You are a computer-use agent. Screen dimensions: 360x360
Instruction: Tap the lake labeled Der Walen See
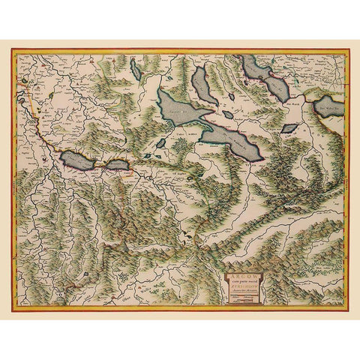point(330,106)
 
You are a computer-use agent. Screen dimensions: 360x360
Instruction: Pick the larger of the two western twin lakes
point(78,159)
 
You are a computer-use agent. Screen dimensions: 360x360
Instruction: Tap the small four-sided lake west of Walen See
point(289,128)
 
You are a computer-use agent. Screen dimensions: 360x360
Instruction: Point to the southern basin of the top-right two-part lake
point(276,89)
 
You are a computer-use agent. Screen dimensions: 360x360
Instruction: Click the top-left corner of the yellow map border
point(12,49)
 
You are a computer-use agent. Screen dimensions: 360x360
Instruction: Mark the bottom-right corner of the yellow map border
point(349,310)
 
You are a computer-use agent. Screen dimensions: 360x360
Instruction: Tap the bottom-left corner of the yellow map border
point(12,310)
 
